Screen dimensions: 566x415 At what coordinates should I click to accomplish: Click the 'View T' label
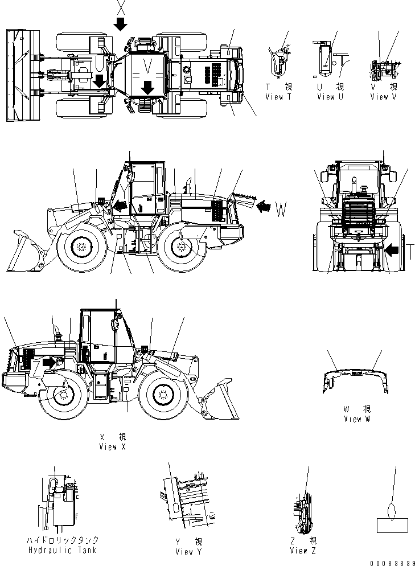coord(279,97)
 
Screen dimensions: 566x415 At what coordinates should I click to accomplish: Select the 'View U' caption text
coord(330,97)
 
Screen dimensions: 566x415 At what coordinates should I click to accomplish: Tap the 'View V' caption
coord(384,97)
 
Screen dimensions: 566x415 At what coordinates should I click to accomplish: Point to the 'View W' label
coord(356,419)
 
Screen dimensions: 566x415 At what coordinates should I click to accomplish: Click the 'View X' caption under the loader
coord(113,447)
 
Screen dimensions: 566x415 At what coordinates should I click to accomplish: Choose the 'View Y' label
coord(188,551)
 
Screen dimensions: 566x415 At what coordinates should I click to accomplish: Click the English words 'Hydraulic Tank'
coord(62,549)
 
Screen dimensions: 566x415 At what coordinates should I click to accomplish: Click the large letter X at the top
coord(121,7)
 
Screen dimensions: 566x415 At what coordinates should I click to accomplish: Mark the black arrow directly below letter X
coord(121,24)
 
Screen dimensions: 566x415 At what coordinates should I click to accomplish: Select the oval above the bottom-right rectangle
coord(393,508)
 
